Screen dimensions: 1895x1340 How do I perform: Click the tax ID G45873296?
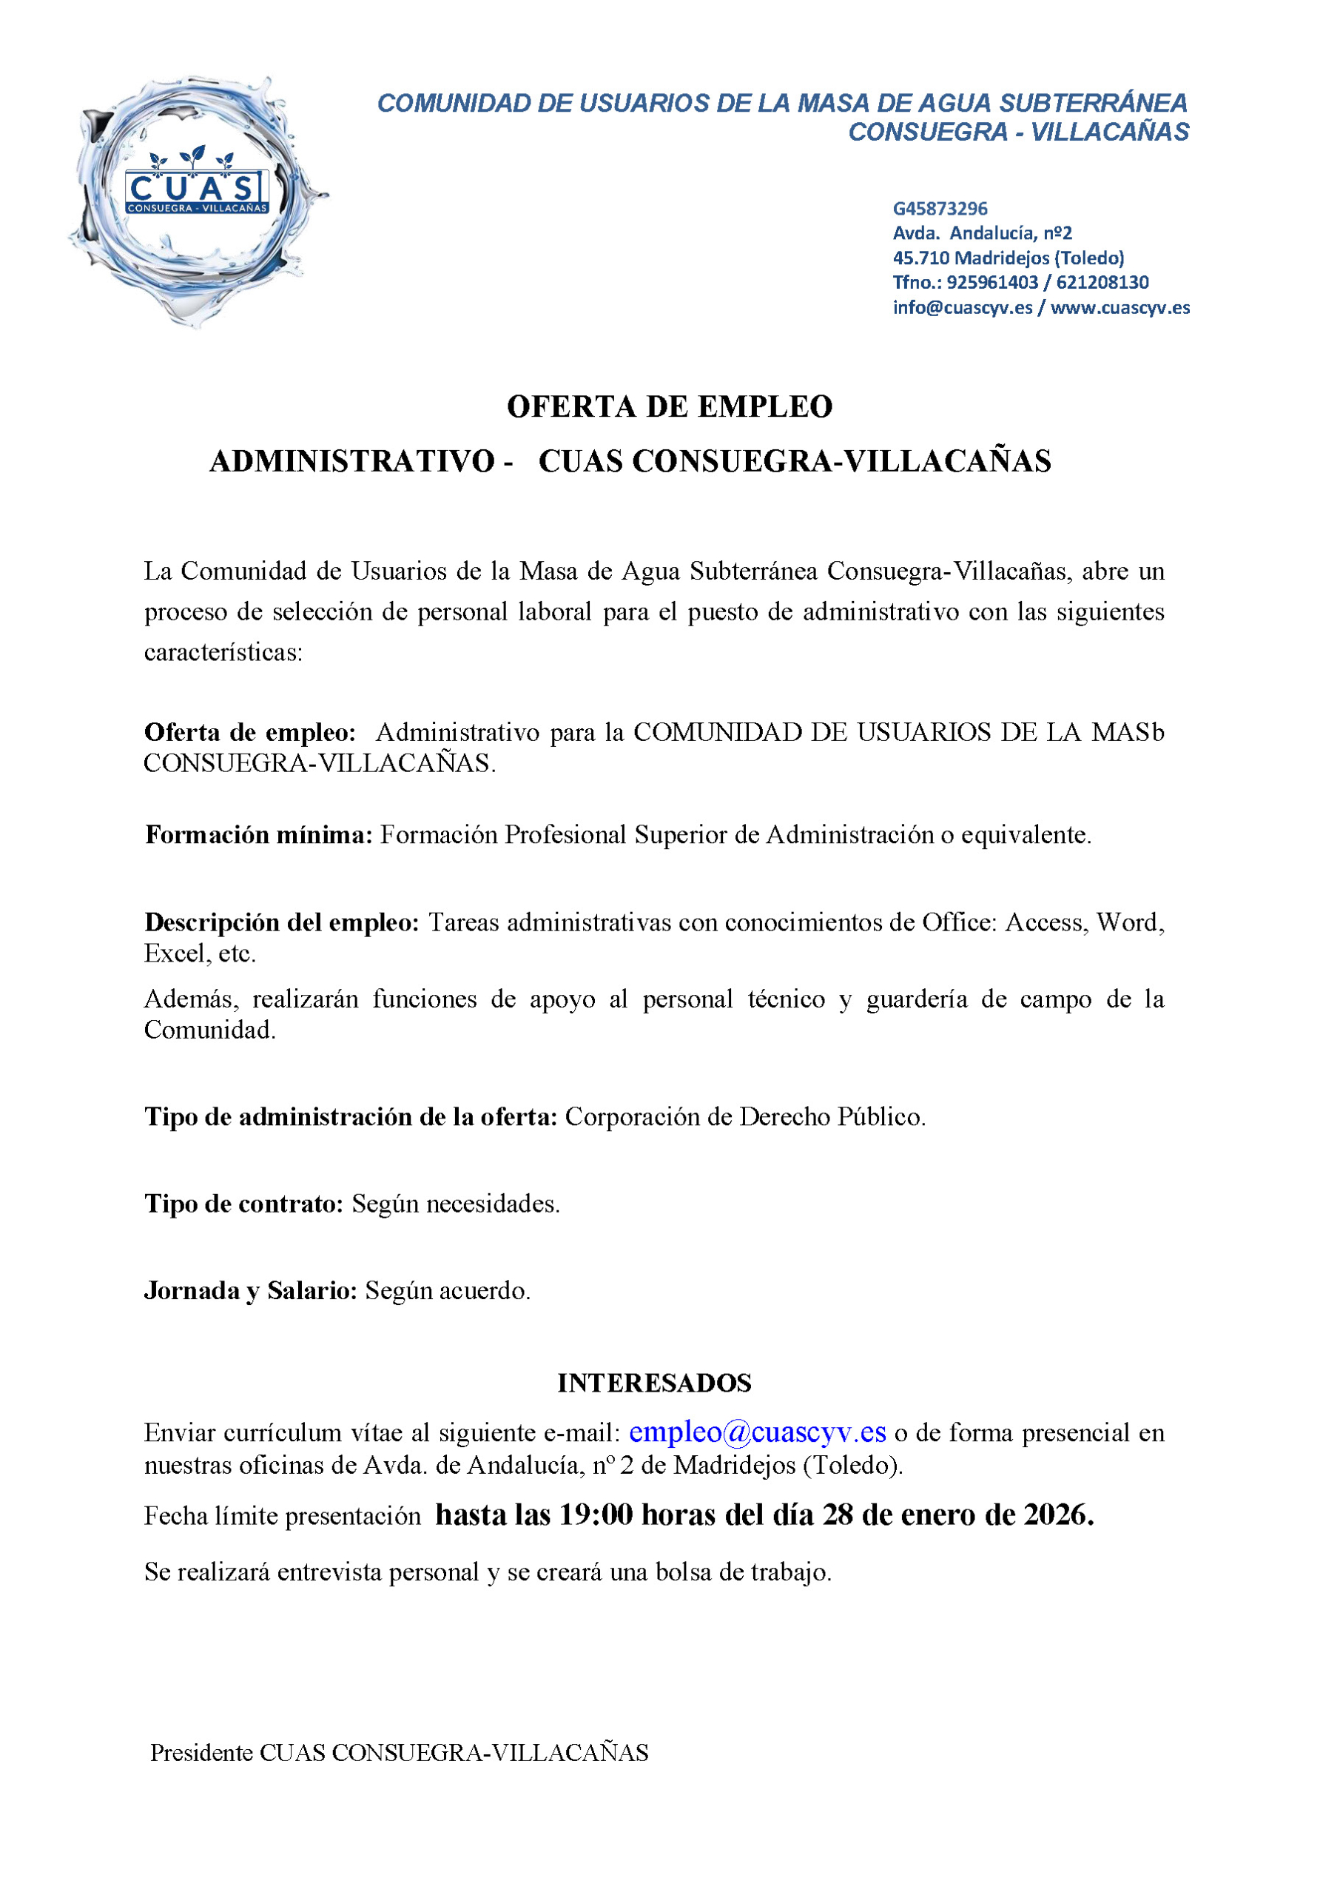tap(940, 209)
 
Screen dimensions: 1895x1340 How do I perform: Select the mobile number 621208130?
tap(1102, 282)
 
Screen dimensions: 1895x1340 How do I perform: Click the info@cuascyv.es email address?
tap(962, 308)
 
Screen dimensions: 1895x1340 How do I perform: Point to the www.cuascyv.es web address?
tap(1120, 308)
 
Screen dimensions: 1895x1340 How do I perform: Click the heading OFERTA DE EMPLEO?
tap(669, 407)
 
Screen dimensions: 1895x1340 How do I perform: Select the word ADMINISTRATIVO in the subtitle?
tap(352, 461)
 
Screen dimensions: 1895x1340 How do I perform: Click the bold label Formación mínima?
tap(259, 835)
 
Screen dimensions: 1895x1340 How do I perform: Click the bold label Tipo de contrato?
tap(244, 1204)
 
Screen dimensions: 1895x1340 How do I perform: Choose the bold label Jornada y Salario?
tap(251, 1291)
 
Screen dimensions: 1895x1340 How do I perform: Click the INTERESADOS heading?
tap(654, 1383)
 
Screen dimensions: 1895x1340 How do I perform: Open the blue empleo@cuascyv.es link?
tap(758, 1432)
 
